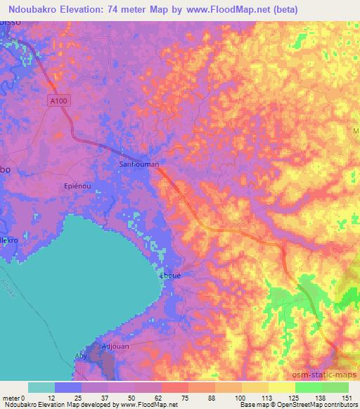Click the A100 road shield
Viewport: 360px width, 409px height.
(x=60, y=101)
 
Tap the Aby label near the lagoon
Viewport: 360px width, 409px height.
(x=82, y=356)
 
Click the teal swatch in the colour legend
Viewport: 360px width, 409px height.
(x=41, y=387)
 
